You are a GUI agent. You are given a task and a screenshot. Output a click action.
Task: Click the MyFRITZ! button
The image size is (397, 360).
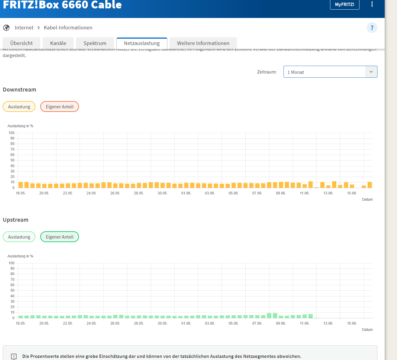pyautogui.click(x=344, y=4)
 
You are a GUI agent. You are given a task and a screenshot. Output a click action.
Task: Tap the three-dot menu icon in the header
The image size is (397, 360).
pyautogui.click(x=372, y=4)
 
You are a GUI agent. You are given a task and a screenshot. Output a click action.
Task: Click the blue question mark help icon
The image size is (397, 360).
pyautogui.click(x=372, y=28)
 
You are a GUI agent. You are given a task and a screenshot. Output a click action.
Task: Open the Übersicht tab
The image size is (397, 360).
pyautogui.click(x=21, y=43)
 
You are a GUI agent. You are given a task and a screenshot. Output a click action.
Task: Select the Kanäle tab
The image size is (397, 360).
pyautogui.click(x=58, y=43)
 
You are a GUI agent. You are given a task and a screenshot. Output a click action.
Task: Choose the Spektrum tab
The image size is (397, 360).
pyautogui.click(x=95, y=43)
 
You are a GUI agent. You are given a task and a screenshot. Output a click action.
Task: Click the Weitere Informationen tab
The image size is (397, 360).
pyautogui.click(x=203, y=43)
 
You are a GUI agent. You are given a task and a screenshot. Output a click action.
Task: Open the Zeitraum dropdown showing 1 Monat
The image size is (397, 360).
pyautogui.click(x=330, y=72)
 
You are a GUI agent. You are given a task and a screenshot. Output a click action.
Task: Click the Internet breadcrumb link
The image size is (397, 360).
pyautogui.click(x=24, y=28)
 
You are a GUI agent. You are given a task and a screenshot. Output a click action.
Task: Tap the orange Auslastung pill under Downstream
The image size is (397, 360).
pyautogui.click(x=19, y=107)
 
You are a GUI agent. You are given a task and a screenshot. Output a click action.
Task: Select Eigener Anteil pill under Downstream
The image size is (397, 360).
pyautogui.click(x=59, y=107)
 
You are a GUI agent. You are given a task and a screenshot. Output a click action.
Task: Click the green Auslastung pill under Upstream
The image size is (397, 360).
pyautogui.click(x=19, y=237)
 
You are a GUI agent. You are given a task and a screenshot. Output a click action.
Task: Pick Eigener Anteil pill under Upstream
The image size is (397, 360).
pyautogui.click(x=59, y=237)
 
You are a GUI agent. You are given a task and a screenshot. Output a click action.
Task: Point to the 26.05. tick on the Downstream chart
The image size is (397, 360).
pyautogui.click(x=115, y=193)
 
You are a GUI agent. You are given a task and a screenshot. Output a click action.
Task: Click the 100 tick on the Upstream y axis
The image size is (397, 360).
pyautogui.click(x=11, y=263)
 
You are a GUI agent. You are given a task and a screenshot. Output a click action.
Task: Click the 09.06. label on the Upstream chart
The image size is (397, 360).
pyautogui.click(x=281, y=323)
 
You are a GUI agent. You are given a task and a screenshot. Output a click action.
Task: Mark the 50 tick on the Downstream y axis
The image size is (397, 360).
pyautogui.click(x=12, y=160)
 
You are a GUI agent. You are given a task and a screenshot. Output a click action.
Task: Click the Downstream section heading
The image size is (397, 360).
pyautogui.click(x=20, y=90)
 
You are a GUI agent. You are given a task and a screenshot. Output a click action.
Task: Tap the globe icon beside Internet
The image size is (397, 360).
pyautogui.click(x=6, y=28)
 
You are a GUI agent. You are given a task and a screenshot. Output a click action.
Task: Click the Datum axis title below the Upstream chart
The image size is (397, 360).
pyautogui.click(x=367, y=330)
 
